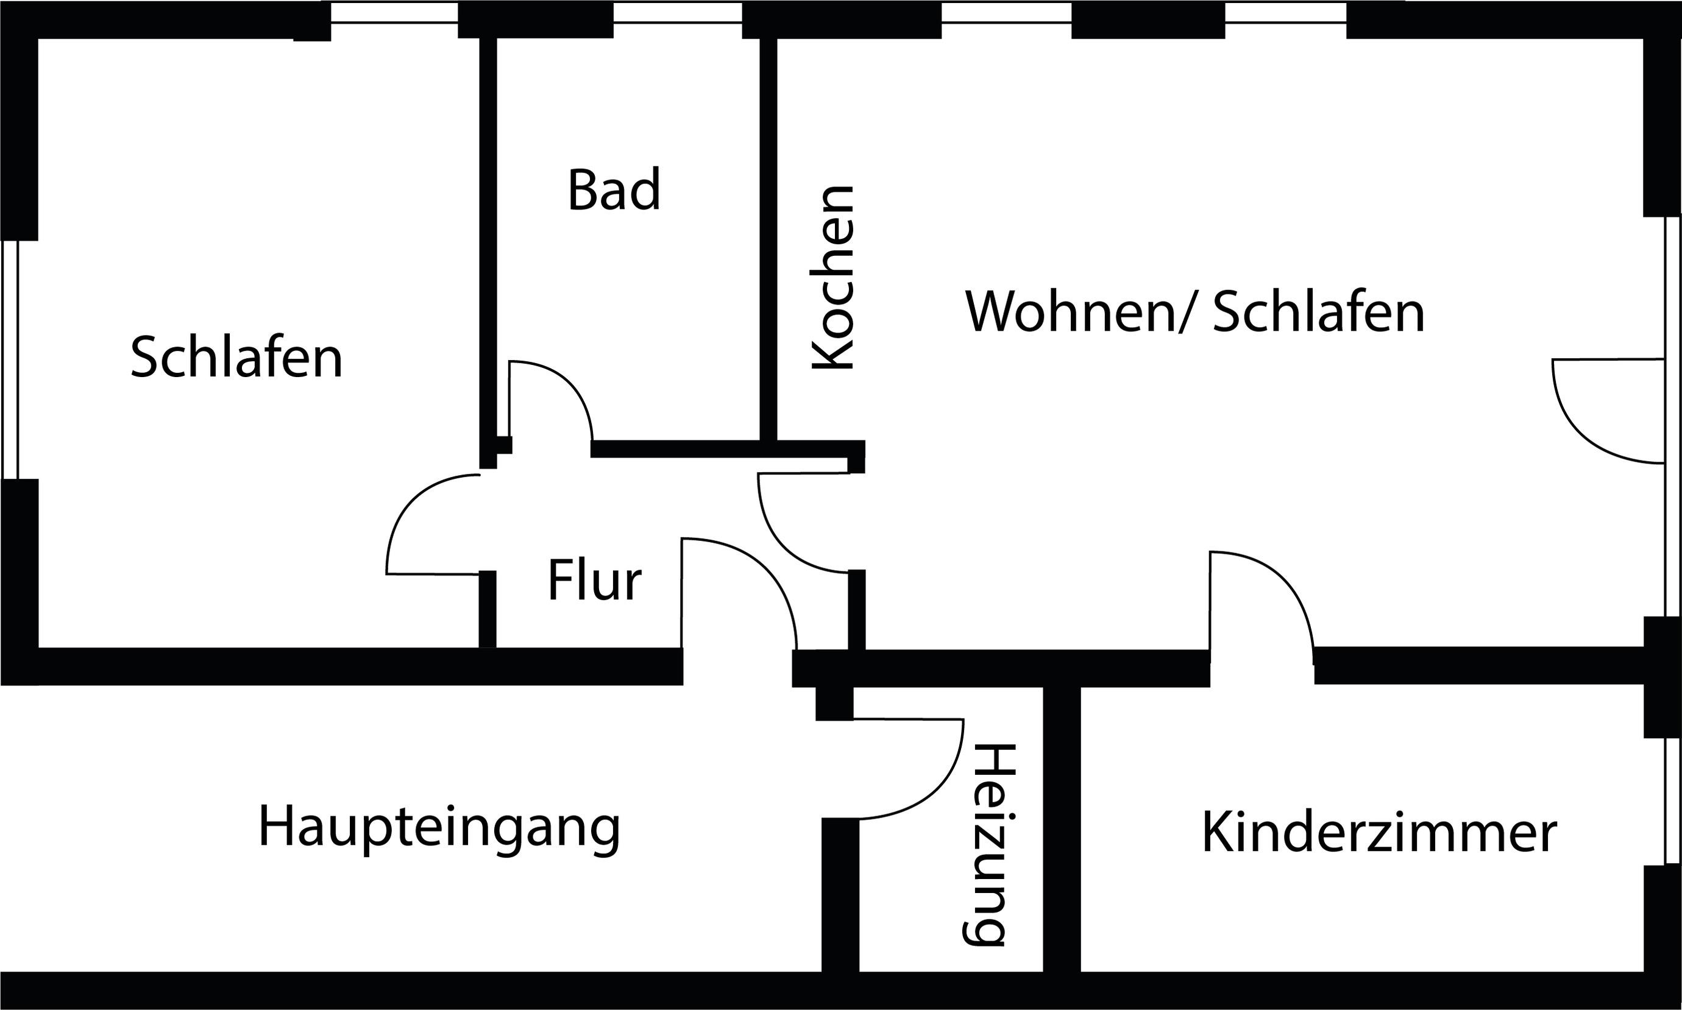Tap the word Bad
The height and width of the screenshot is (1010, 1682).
click(x=614, y=190)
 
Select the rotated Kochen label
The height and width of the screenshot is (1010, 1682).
click(x=832, y=277)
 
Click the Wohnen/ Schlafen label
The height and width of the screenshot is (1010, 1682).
click(x=1194, y=313)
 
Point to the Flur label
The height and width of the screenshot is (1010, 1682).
click(x=594, y=581)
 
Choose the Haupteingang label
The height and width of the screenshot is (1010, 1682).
click(x=439, y=826)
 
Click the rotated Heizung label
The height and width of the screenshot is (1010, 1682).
click(x=989, y=846)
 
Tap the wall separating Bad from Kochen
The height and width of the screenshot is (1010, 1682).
click(x=768, y=238)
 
